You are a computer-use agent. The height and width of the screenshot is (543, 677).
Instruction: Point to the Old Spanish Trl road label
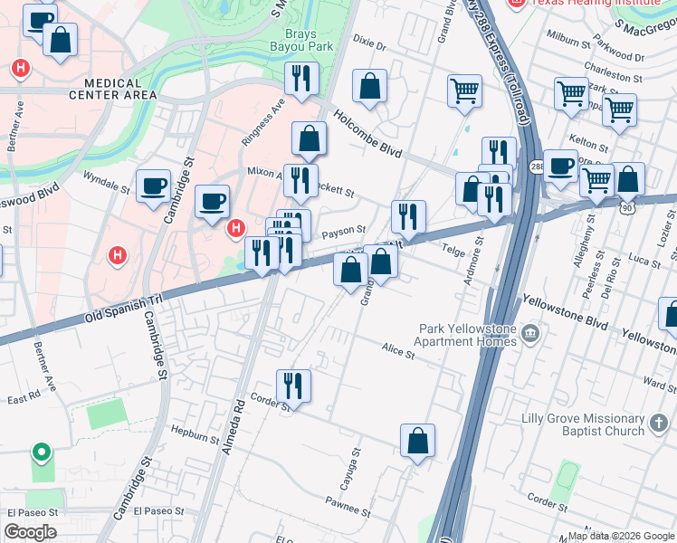coord(122,303)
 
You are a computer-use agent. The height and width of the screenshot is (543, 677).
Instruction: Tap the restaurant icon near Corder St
coord(293,386)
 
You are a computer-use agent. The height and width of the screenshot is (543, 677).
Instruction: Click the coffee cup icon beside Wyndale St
coord(153,186)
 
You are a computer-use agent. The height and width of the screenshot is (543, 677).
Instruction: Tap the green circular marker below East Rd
coord(40,452)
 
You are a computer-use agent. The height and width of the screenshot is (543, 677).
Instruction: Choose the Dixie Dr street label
coord(369,44)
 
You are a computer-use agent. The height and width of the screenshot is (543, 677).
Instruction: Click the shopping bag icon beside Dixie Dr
coord(369,87)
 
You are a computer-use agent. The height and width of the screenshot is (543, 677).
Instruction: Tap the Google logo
coord(29,532)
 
